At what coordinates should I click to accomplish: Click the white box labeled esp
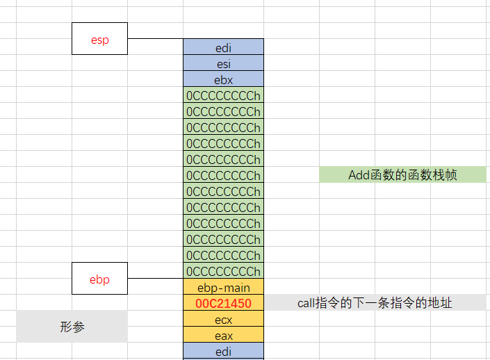coord(100,38)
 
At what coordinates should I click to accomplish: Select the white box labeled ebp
coord(100,279)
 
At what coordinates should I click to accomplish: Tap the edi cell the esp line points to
coord(223,47)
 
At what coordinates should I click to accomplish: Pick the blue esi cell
coord(223,63)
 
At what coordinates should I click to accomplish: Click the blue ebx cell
coord(223,79)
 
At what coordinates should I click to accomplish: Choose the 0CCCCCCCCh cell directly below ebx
coord(223,95)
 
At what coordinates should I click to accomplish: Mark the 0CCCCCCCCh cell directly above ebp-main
coord(223,271)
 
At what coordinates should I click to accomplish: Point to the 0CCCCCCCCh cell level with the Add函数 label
coord(223,175)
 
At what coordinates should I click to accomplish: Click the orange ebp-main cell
coord(223,287)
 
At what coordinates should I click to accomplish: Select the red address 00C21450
coord(223,303)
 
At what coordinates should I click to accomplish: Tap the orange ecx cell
coord(223,320)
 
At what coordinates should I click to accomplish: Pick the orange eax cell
coord(223,336)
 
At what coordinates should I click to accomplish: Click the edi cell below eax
coord(223,352)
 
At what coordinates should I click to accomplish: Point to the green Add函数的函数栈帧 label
coord(402,175)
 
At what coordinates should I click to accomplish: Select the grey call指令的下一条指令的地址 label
coord(375,303)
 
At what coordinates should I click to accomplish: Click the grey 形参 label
coord(72,327)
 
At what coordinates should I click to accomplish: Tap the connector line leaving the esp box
coord(155,39)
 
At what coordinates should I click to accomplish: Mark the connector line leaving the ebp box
coord(155,279)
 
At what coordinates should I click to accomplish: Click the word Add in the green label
coord(359,175)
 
